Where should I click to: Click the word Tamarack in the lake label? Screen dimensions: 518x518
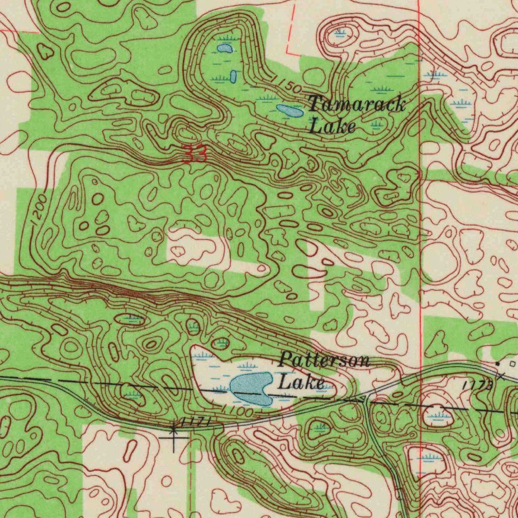(x=357, y=105)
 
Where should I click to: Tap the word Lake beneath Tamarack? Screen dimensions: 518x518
(x=332, y=126)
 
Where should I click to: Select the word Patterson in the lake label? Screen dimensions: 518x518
(x=325, y=361)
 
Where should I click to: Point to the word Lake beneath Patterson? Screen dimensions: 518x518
(x=301, y=382)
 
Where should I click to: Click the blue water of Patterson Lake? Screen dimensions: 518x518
(x=251, y=388)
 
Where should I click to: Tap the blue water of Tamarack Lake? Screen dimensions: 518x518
(x=290, y=110)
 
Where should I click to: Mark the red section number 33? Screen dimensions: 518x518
(x=195, y=154)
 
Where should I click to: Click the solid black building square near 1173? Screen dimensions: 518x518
(x=498, y=363)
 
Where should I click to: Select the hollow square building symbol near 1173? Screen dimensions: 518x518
(x=512, y=363)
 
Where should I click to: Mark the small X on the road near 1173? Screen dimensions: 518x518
(x=501, y=376)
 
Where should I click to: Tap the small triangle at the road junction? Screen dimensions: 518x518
(x=363, y=400)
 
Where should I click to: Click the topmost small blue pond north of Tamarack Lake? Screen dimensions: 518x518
(x=225, y=49)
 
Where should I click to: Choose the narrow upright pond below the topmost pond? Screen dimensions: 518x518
(x=233, y=76)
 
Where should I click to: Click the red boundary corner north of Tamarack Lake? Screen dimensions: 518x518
(x=287, y=52)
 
